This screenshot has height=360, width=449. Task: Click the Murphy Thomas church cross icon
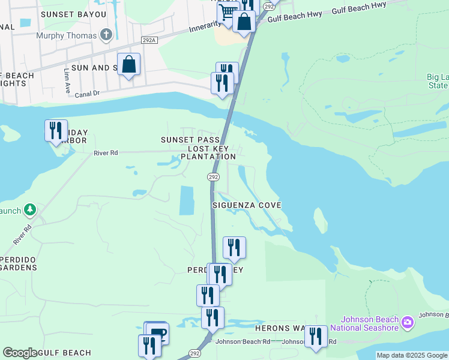tap(106, 35)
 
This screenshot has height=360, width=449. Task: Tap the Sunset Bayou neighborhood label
tap(73, 14)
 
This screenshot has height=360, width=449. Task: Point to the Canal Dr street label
tap(89, 94)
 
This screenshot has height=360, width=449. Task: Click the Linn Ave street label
tap(66, 77)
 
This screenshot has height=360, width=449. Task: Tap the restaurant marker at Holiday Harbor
tap(56, 130)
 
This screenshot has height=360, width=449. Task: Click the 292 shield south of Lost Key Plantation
tap(213, 177)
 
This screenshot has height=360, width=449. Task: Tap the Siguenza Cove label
tap(247, 205)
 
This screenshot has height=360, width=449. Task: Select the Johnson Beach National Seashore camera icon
tap(408, 323)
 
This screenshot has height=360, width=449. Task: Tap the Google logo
tap(20, 353)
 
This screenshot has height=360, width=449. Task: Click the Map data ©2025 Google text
tap(412, 355)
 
